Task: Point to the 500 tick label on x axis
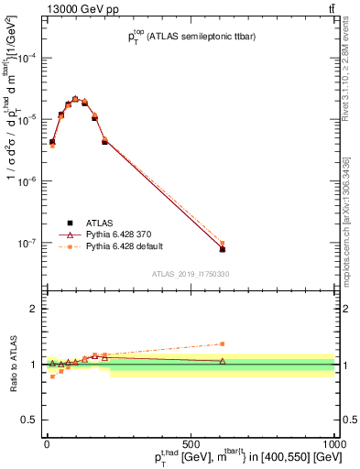tap(191, 444)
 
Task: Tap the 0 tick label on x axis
tap(47, 444)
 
